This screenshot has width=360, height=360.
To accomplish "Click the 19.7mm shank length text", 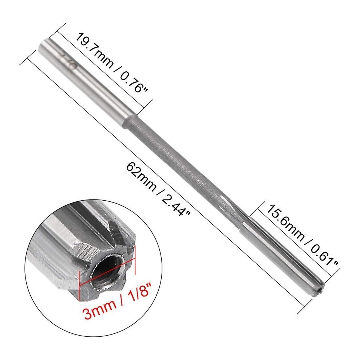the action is (x=94, y=51).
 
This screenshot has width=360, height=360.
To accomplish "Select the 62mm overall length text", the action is (x=141, y=177).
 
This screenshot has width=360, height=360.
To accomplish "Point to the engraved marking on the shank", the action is (x=68, y=61).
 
